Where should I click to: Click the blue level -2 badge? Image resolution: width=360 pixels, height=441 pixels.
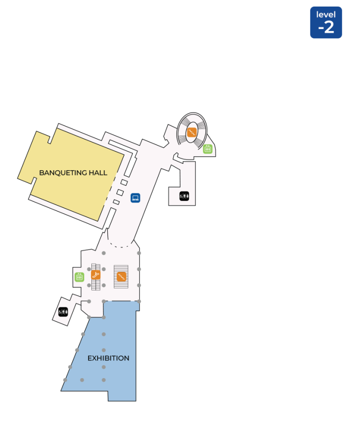pyautogui.click(x=326, y=23)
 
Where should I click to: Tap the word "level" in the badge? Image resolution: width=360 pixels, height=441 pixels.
pyautogui.click(x=326, y=15)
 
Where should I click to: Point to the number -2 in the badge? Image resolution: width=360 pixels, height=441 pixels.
pyautogui.click(x=326, y=28)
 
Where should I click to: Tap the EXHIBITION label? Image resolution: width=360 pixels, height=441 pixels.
pyautogui.click(x=108, y=358)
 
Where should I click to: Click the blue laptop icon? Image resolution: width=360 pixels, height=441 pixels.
pyautogui.click(x=135, y=198)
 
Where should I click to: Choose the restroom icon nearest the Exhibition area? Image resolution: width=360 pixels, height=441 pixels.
pyautogui.click(x=63, y=311)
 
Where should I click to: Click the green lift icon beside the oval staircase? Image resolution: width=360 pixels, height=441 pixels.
pyautogui.click(x=208, y=149)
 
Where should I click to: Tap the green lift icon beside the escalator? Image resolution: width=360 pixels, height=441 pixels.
pyautogui.click(x=80, y=277)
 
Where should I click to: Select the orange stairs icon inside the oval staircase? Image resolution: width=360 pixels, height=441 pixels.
pyautogui.click(x=192, y=132)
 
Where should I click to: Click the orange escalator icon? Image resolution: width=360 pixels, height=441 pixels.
pyautogui.click(x=96, y=275)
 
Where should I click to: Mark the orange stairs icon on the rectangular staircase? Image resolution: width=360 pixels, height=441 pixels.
pyautogui.click(x=121, y=277)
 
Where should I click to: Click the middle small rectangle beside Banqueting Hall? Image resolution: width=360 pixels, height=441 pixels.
pyautogui.click(x=120, y=192)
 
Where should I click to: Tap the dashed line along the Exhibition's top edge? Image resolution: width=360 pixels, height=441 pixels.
pyautogui.click(x=121, y=301)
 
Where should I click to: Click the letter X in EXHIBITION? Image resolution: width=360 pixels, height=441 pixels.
pyautogui.click(x=94, y=358)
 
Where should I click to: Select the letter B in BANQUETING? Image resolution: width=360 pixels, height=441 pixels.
pyautogui.click(x=41, y=173)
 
